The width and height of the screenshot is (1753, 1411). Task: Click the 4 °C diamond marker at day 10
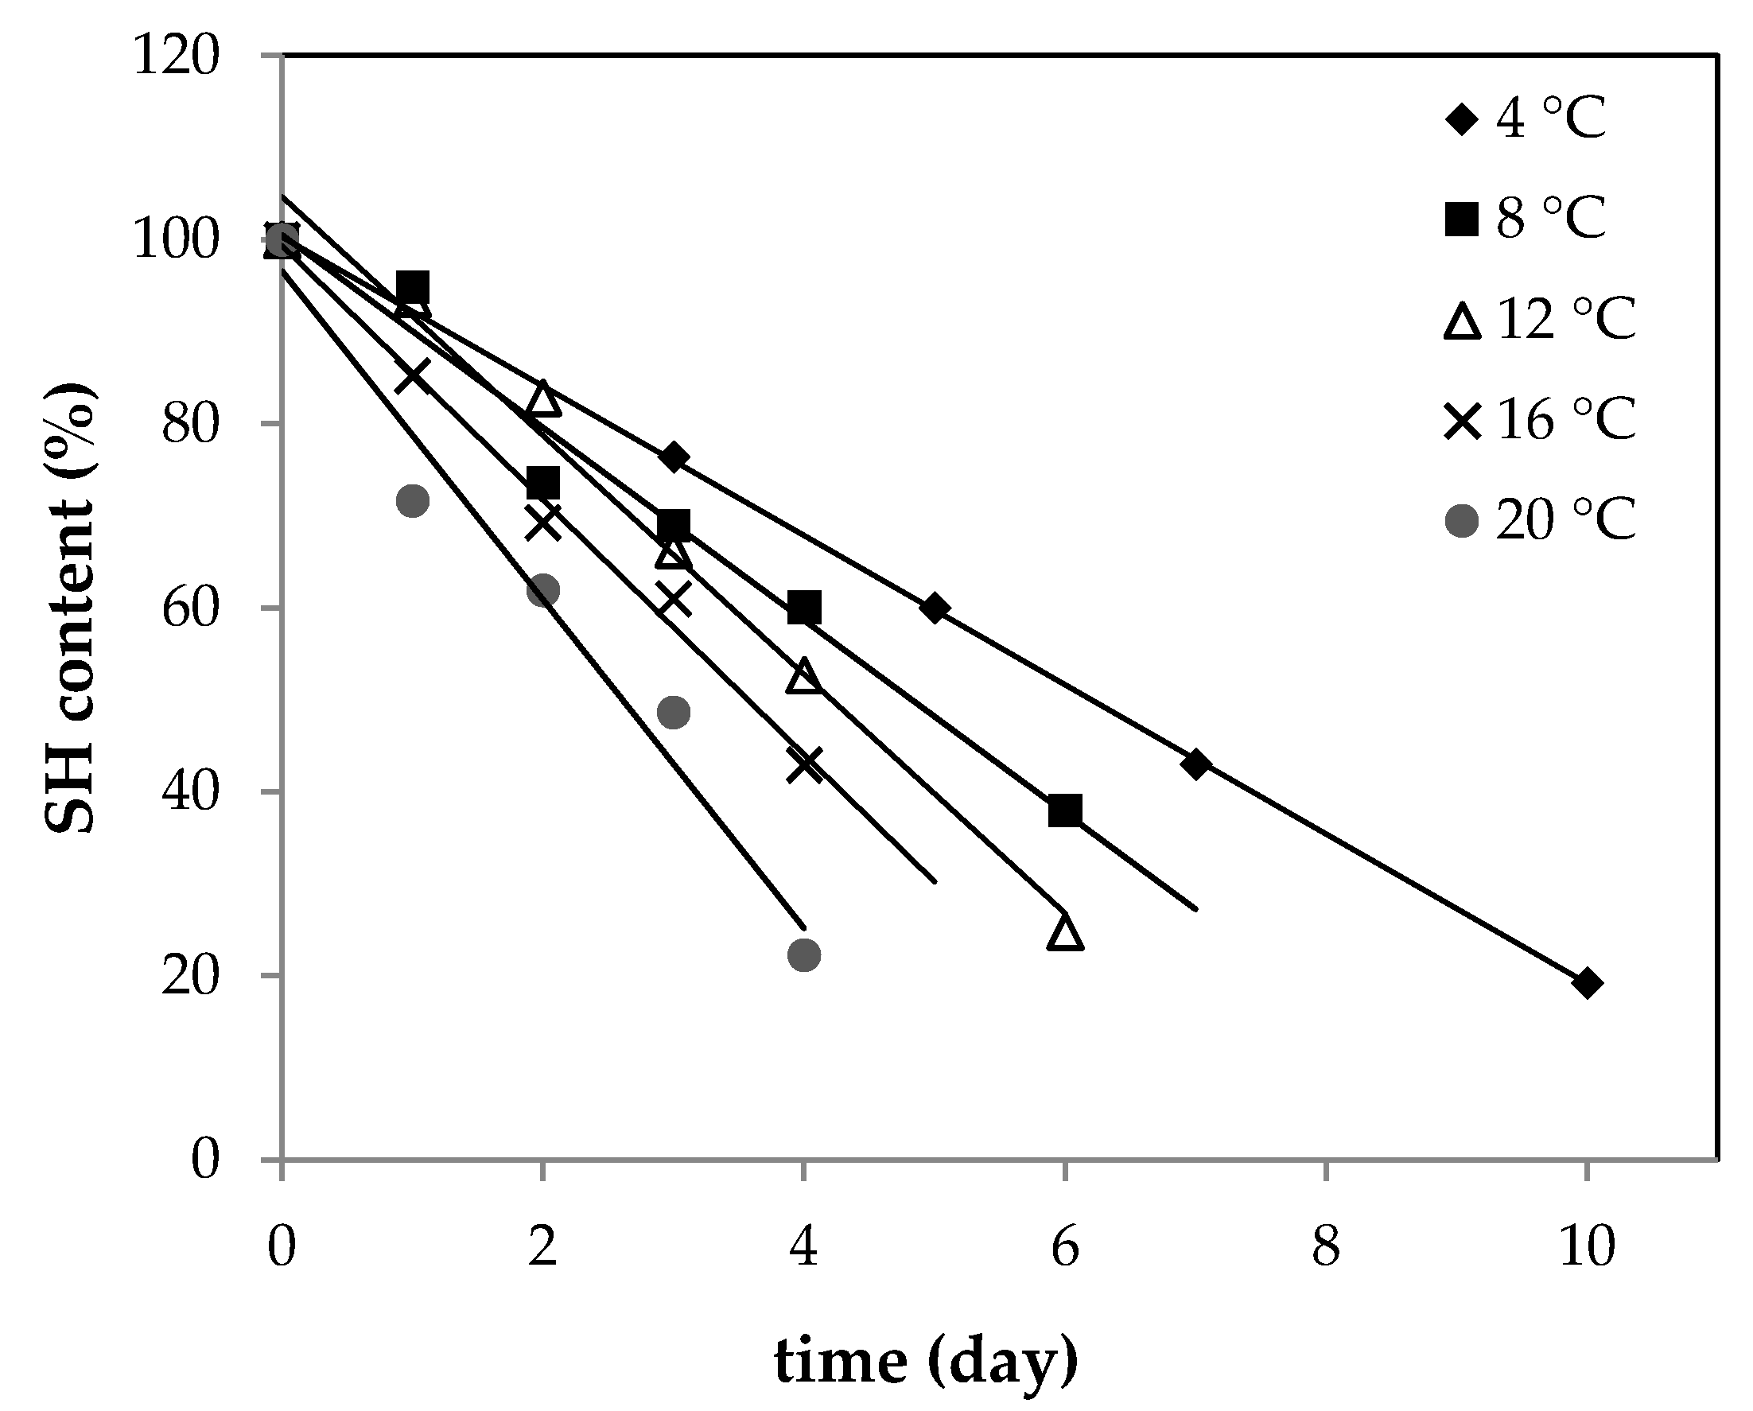click(1586, 983)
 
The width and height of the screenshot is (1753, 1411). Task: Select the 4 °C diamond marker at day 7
click(1195, 764)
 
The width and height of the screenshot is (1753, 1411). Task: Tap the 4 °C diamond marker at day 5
click(935, 608)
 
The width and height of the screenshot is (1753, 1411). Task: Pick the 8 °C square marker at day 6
click(1065, 810)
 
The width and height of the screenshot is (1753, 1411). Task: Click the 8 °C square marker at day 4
click(804, 608)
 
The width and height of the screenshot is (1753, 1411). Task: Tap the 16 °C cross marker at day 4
click(804, 764)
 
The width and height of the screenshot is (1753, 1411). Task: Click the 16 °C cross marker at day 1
click(412, 375)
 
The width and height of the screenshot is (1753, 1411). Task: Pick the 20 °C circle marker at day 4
click(804, 954)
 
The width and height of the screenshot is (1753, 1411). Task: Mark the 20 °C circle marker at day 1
click(412, 500)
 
